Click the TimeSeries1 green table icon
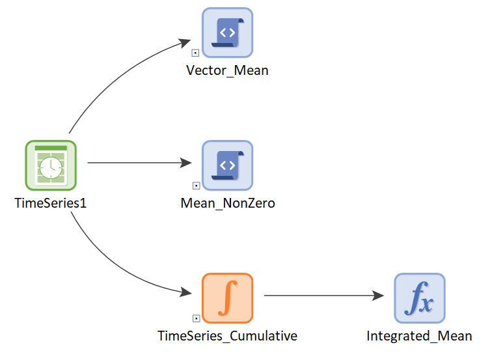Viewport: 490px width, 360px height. pyautogui.click(x=51, y=165)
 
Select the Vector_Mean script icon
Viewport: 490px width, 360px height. pyautogui.click(x=228, y=33)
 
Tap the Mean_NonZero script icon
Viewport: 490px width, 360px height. pyautogui.click(x=228, y=165)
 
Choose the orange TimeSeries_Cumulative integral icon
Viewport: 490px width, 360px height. pyautogui.click(x=228, y=298)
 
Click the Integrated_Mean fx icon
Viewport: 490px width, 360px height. pyautogui.click(x=420, y=298)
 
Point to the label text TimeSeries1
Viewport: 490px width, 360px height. pyautogui.click(x=50, y=203)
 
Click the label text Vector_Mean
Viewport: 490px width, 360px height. pyautogui.click(x=227, y=70)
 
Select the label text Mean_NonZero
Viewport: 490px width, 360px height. pyautogui.click(x=228, y=203)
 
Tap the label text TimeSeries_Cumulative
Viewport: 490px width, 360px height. pyautogui.click(x=227, y=336)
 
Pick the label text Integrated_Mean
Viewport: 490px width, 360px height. pyautogui.click(x=419, y=336)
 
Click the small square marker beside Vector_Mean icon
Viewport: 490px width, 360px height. pyautogui.click(x=195, y=53)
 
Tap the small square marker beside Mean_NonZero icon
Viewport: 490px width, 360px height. pyautogui.click(x=196, y=186)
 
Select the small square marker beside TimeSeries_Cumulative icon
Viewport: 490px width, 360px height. pyautogui.click(x=196, y=318)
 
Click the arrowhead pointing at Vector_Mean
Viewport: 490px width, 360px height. pyautogui.click(x=185, y=43)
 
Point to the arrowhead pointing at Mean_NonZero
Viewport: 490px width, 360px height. pyautogui.click(x=186, y=163)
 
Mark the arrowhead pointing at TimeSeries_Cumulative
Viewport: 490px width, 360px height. pyautogui.click(x=186, y=292)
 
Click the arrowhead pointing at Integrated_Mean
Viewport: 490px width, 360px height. pyautogui.click(x=378, y=296)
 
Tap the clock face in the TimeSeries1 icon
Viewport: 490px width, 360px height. pyautogui.click(x=51, y=168)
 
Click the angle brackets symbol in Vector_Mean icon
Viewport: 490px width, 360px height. pyautogui.click(x=228, y=32)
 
